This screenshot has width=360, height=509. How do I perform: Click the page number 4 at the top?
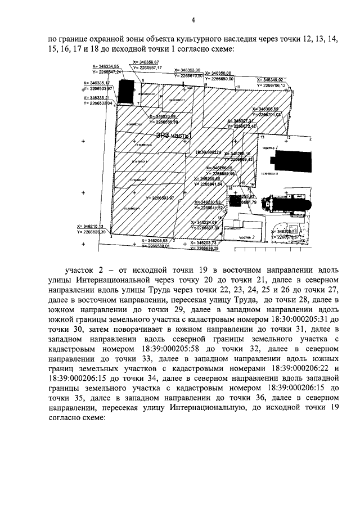193,21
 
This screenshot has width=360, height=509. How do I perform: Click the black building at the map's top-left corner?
126,90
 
